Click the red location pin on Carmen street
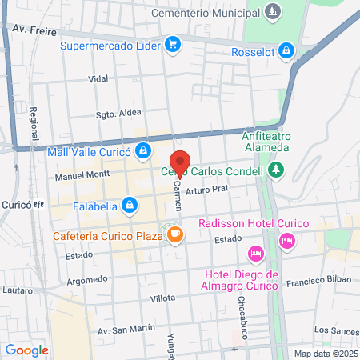181,162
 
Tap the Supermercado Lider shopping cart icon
172,45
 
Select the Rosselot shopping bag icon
287,52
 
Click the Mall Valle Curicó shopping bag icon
142,150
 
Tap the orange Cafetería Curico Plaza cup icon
175,236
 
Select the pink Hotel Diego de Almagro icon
256,254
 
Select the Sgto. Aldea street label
113,113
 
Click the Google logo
26,350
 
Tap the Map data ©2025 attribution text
323,354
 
